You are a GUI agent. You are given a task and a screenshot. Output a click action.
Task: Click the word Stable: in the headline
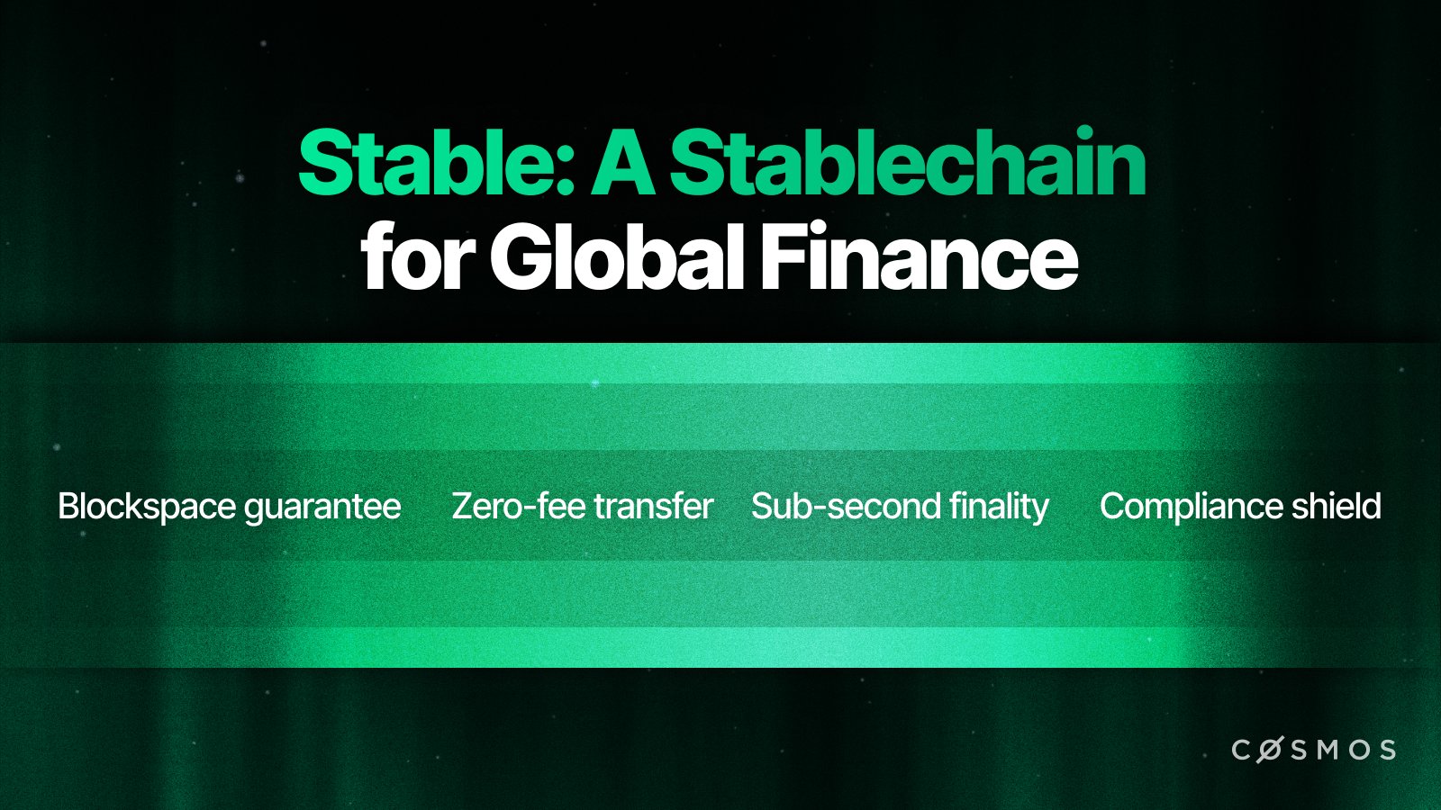coord(436,164)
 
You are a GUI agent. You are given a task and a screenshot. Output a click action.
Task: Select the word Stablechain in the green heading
coord(907,164)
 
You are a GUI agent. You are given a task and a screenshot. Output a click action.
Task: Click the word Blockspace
coord(147,507)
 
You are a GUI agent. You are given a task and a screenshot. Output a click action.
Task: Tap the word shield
coord(1337,507)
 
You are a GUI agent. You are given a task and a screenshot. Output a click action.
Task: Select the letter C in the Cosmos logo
coord(1241,750)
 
